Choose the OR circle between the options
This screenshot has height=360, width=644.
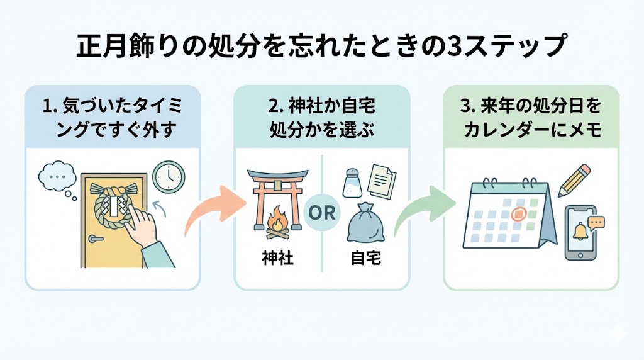(322, 212)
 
